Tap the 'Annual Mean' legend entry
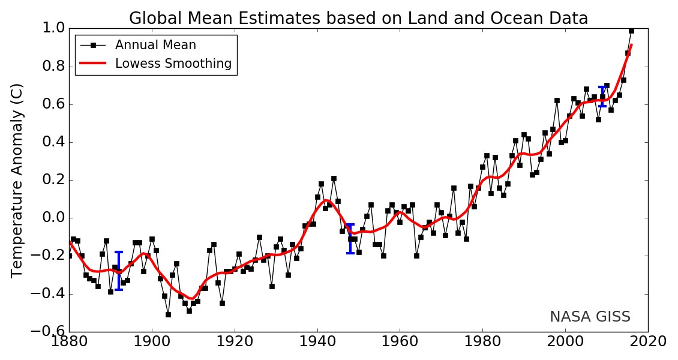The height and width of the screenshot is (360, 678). (x=155, y=45)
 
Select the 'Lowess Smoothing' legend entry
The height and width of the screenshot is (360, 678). (x=173, y=64)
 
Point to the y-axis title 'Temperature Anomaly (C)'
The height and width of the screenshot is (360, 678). (x=17, y=180)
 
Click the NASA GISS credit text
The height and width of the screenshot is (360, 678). (x=590, y=317)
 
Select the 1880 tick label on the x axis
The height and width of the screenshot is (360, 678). (x=69, y=341)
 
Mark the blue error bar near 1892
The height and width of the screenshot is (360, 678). (x=119, y=271)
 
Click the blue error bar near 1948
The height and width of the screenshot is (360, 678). (x=350, y=239)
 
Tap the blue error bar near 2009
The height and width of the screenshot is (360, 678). (x=602, y=97)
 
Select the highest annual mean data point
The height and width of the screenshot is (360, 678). (x=631, y=31)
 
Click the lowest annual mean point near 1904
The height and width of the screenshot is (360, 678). (x=168, y=314)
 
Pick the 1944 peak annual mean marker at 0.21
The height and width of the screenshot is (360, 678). (x=334, y=178)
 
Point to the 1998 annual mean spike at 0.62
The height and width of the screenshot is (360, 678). (x=557, y=100)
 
